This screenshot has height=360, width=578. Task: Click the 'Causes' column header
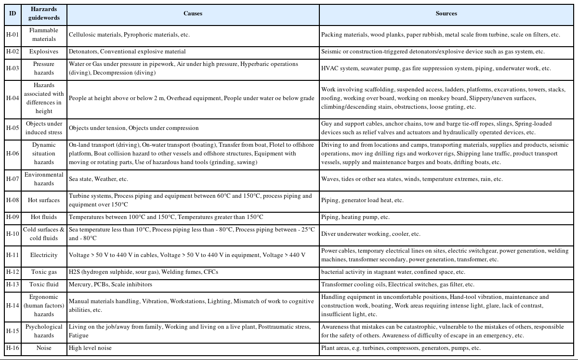[x=193, y=13]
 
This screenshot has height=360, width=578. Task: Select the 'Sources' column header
[x=446, y=13]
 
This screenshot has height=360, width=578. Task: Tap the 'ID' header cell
[x=13, y=13]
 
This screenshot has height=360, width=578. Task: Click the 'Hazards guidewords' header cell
[x=44, y=13]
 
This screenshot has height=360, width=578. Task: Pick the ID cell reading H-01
[x=13, y=35]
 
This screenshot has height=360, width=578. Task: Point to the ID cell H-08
[x=13, y=200]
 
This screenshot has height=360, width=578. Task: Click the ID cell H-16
[x=13, y=348]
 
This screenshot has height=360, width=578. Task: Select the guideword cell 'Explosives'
[x=44, y=51]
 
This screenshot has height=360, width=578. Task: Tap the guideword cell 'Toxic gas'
[x=44, y=272]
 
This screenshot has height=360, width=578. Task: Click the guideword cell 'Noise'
[x=44, y=348]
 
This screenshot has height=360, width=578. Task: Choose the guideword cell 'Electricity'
[x=44, y=255]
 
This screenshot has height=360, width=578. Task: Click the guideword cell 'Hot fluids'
[x=44, y=217]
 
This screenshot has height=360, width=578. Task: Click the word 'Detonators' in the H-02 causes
[x=83, y=51]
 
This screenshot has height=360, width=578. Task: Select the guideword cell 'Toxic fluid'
[x=44, y=284]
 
